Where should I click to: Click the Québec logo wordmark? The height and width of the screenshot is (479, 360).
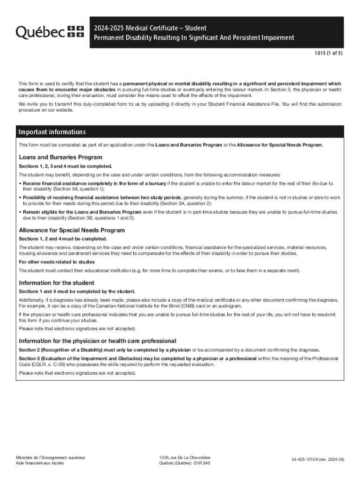(x=40, y=31)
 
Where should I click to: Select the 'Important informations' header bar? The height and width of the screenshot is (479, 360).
(x=52, y=132)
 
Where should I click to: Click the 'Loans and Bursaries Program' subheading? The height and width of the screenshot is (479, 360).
(x=60, y=157)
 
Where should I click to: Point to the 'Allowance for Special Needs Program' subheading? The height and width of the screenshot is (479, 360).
(x=72, y=230)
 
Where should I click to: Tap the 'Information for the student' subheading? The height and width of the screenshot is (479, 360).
(x=56, y=283)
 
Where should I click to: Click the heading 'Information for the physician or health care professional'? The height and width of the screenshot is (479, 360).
(x=97, y=341)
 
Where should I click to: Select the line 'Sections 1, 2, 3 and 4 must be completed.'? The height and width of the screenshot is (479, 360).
(x=65, y=166)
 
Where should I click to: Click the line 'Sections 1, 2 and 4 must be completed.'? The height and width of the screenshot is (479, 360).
(x=63, y=239)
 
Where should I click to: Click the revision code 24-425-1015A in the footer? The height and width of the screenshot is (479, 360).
(x=317, y=459)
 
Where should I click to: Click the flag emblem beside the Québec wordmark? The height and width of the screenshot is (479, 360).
(x=76, y=31)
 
